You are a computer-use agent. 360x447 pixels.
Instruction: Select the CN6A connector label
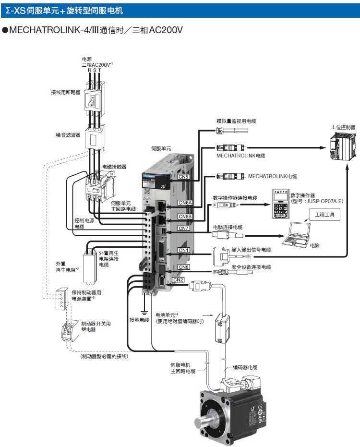click(x=185, y=203)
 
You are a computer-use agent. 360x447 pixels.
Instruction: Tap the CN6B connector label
click(x=185, y=217)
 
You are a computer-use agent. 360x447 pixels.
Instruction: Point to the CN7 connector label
click(x=184, y=228)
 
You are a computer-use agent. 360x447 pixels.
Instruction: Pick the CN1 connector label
click(x=184, y=250)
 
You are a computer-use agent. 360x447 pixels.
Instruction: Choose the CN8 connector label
click(x=184, y=267)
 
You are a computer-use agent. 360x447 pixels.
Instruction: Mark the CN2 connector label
click(x=178, y=279)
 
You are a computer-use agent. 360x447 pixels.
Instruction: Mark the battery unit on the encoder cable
click(x=225, y=326)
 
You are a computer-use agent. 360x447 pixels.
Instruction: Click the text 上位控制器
click(x=343, y=128)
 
